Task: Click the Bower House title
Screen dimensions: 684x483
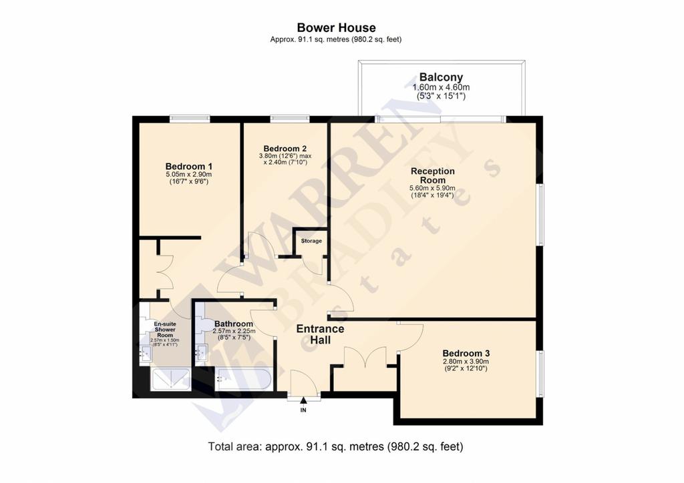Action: [x=337, y=28]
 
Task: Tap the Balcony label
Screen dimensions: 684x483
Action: [x=441, y=77]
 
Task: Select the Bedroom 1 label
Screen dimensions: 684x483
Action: [x=189, y=166]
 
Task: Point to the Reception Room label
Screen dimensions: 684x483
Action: [x=433, y=175]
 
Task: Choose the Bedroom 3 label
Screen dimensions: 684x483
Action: [x=466, y=353]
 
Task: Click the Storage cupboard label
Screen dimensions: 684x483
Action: [x=311, y=241]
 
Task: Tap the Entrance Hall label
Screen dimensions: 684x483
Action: [x=320, y=334]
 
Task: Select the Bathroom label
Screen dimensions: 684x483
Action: [x=234, y=324]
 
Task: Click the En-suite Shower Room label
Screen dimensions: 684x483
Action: [x=165, y=330]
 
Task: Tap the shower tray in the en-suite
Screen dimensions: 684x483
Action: [x=170, y=380]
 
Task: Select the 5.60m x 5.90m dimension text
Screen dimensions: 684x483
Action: [x=432, y=188]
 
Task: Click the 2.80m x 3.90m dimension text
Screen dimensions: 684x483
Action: [x=466, y=362]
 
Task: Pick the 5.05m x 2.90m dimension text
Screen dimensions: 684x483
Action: [x=189, y=174]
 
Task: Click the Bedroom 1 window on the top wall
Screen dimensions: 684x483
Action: [x=190, y=119]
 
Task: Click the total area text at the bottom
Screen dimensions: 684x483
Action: [x=335, y=446]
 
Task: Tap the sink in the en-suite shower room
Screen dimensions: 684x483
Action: [x=145, y=353]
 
